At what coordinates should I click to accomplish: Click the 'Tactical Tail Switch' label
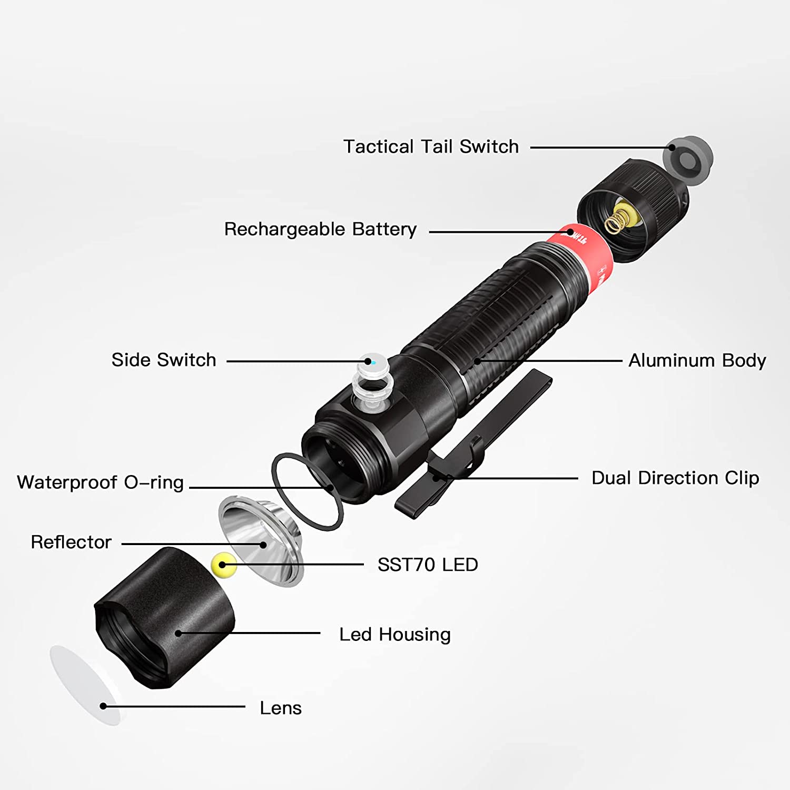tap(431, 146)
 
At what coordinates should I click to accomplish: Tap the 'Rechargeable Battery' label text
tap(320, 229)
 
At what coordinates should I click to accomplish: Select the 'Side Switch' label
tap(164, 360)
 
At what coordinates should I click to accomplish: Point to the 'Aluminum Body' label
tap(697, 361)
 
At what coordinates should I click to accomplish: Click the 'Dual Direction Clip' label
tap(675, 478)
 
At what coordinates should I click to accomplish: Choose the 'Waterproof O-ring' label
tap(100, 482)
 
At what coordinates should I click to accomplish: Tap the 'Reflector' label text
tap(71, 542)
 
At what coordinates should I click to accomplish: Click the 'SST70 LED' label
tap(428, 565)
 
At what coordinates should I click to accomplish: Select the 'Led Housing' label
tap(395, 635)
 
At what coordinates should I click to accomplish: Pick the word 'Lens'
tap(281, 708)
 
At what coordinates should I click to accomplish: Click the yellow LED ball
tap(224, 565)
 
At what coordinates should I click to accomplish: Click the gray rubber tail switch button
tap(689, 160)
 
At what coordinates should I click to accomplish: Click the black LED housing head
tap(164, 618)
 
